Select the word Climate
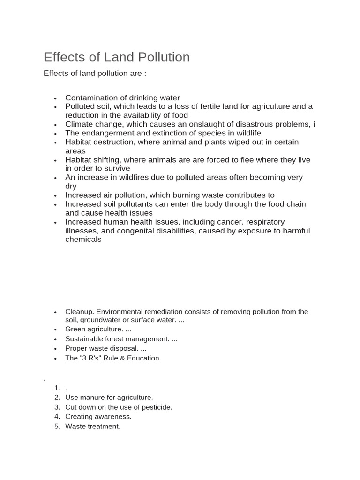(79, 124)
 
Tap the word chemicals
(83, 239)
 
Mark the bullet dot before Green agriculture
(55, 330)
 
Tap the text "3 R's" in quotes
(91, 358)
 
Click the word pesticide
(156, 407)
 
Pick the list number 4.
(57, 417)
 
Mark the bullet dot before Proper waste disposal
(55, 349)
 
